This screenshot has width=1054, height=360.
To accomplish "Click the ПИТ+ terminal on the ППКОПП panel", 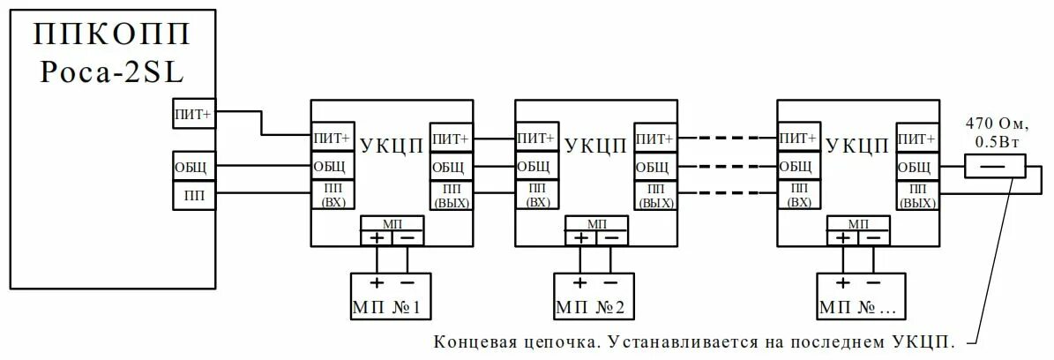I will tap(191, 113).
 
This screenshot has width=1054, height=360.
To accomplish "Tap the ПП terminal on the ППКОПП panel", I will tap(191, 193).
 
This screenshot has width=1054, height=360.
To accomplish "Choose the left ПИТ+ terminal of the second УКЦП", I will tap(535, 139).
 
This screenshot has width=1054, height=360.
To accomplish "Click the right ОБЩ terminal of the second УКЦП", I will tap(654, 167).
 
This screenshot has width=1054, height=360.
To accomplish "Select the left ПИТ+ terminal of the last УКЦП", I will tap(797, 139).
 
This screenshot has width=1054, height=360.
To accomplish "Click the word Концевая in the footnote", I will tap(470, 343).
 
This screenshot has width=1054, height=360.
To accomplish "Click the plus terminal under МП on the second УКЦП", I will tap(579, 237).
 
